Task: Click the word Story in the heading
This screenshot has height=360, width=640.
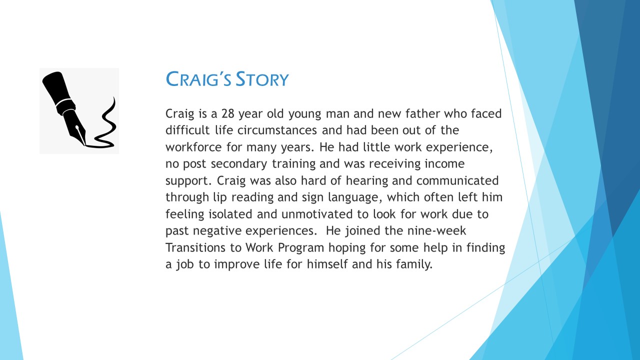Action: click(x=262, y=79)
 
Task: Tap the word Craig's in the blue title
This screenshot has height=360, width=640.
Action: click(x=198, y=79)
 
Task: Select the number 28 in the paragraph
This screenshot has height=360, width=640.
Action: click(x=228, y=113)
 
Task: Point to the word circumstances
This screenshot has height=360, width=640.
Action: click(x=277, y=130)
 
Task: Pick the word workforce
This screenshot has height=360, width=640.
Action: click(x=193, y=147)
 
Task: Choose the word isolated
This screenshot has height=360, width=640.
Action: click(x=230, y=214)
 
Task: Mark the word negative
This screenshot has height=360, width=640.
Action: click(x=217, y=231)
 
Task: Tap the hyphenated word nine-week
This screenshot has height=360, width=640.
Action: click(x=436, y=230)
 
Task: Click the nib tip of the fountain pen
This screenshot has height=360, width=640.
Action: click(x=84, y=145)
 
